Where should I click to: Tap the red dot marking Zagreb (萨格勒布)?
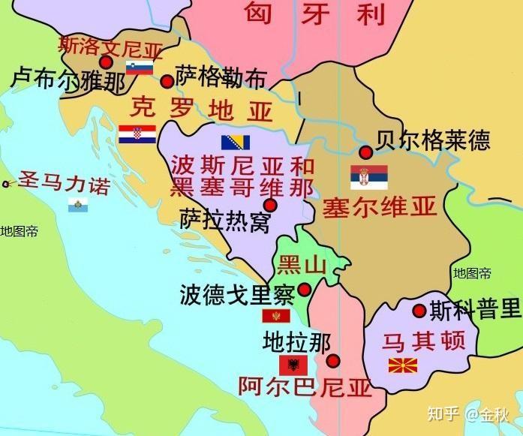(x=167, y=81)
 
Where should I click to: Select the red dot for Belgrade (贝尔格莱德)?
(x=365, y=152)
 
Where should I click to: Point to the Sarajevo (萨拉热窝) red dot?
(x=270, y=205)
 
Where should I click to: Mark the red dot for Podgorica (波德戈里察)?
(x=305, y=289)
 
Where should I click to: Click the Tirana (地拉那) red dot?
(x=333, y=361)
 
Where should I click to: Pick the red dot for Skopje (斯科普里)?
(x=419, y=311)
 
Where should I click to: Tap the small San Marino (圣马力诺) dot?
(x=6, y=183)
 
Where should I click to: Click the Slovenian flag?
(x=140, y=68)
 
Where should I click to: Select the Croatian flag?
(x=137, y=134)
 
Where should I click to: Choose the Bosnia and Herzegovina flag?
(x=236, y=142)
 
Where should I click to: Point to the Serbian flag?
(x=369, y=177)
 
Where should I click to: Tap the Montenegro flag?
(x=276, y=316)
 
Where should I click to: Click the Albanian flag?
(x=293, y=365)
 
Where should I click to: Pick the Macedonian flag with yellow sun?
(x=403, y=366)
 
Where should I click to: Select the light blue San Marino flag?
(x=76, y=205)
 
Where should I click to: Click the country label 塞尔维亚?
(x=380, y=208)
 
